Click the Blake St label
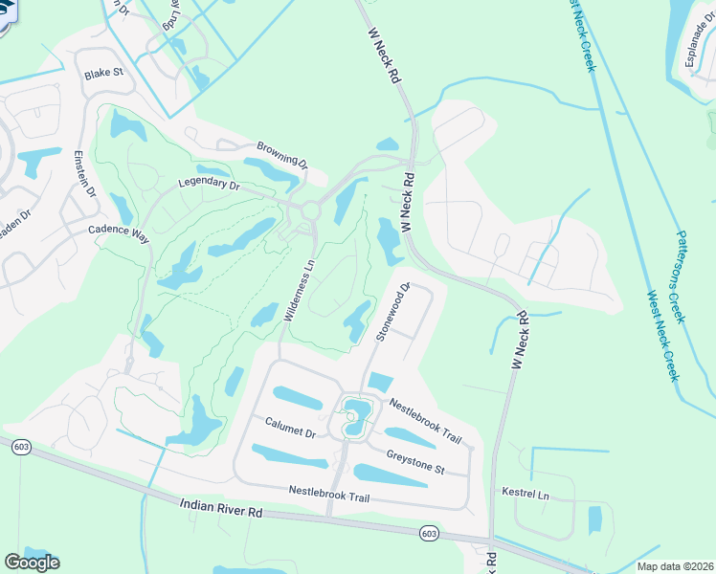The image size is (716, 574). [104, 73]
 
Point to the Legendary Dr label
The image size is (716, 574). [208, 183]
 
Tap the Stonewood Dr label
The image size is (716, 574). [392, 312]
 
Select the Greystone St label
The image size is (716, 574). [415, 461]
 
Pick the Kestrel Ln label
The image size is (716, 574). [526, 494]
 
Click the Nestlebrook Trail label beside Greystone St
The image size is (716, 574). [425, 422]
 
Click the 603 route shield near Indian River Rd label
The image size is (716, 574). [430, 533]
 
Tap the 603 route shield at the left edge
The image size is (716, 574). [19, 446]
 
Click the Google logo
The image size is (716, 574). [33, 562]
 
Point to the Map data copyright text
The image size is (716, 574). [674, 566]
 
